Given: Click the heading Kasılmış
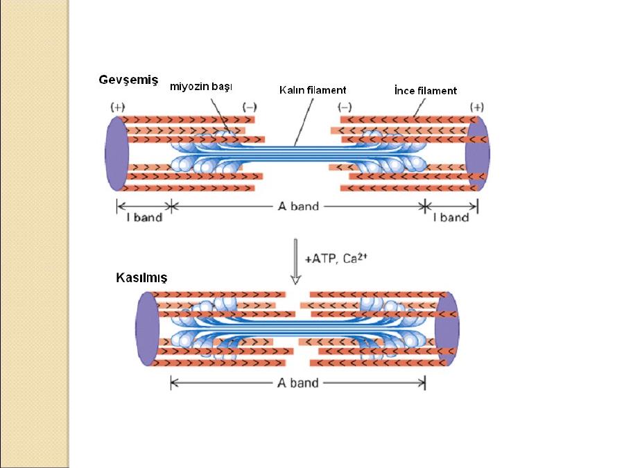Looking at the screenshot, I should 141,277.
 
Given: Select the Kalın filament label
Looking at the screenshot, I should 313,90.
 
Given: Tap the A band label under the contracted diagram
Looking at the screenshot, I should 297,383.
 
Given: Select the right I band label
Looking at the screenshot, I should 451,218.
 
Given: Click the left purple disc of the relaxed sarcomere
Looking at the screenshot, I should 116,153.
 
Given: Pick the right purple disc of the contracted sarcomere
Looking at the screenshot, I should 446,329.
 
